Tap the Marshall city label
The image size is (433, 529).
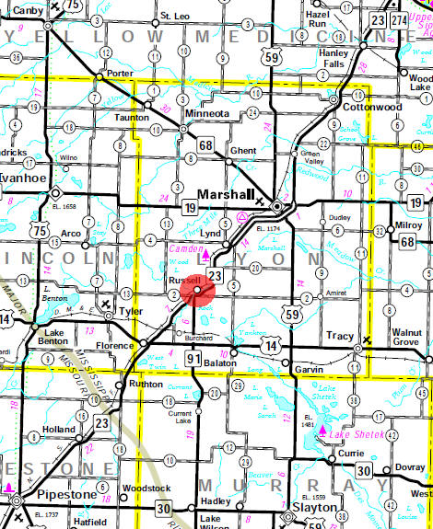coord(225,194)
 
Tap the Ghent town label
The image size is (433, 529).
coord(244,149)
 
